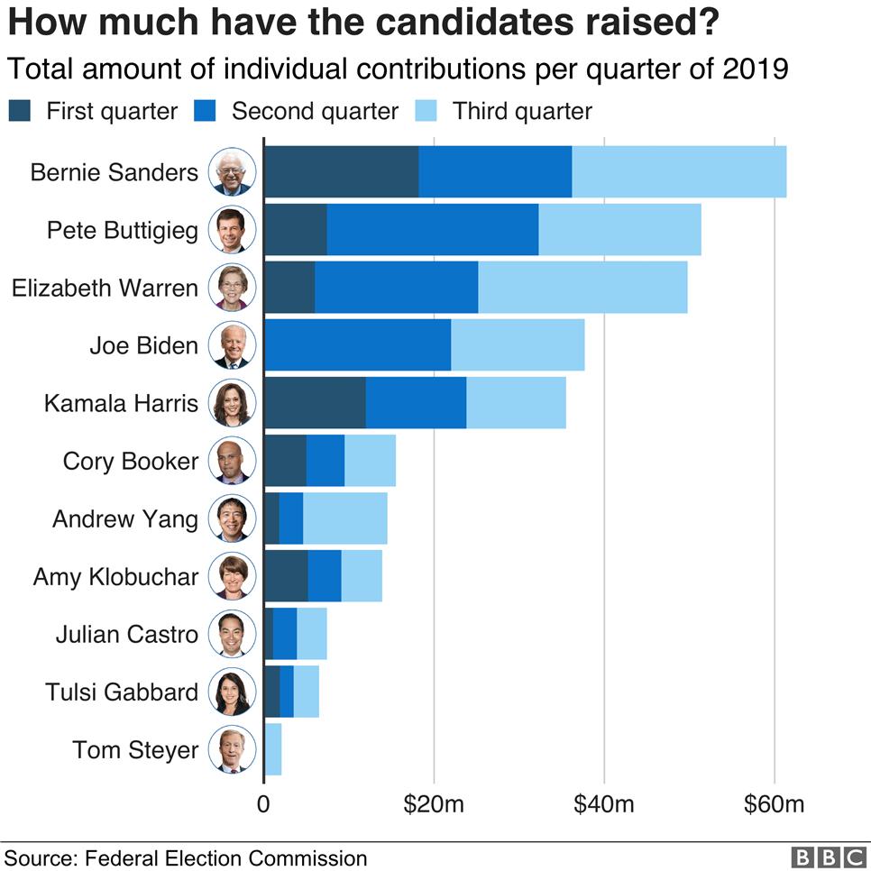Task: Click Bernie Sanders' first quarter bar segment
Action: click(341, 171)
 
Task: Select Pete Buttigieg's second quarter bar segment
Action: click(432, 229)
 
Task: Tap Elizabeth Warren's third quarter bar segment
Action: click(582, 287)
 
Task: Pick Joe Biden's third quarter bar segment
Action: click(518, 344)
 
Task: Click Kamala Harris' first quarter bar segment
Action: click(315, 402)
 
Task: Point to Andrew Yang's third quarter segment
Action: click(345, 518)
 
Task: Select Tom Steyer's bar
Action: click(273, 749)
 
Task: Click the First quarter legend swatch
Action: click(21, 111)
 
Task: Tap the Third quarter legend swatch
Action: click(426, 111)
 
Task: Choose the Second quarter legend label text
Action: click(315, 111)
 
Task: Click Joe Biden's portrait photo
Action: click(233, 344)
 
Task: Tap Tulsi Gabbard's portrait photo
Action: click(233, 692)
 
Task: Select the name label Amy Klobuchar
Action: click(115, 577)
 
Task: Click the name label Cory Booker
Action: click(131, 461)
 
